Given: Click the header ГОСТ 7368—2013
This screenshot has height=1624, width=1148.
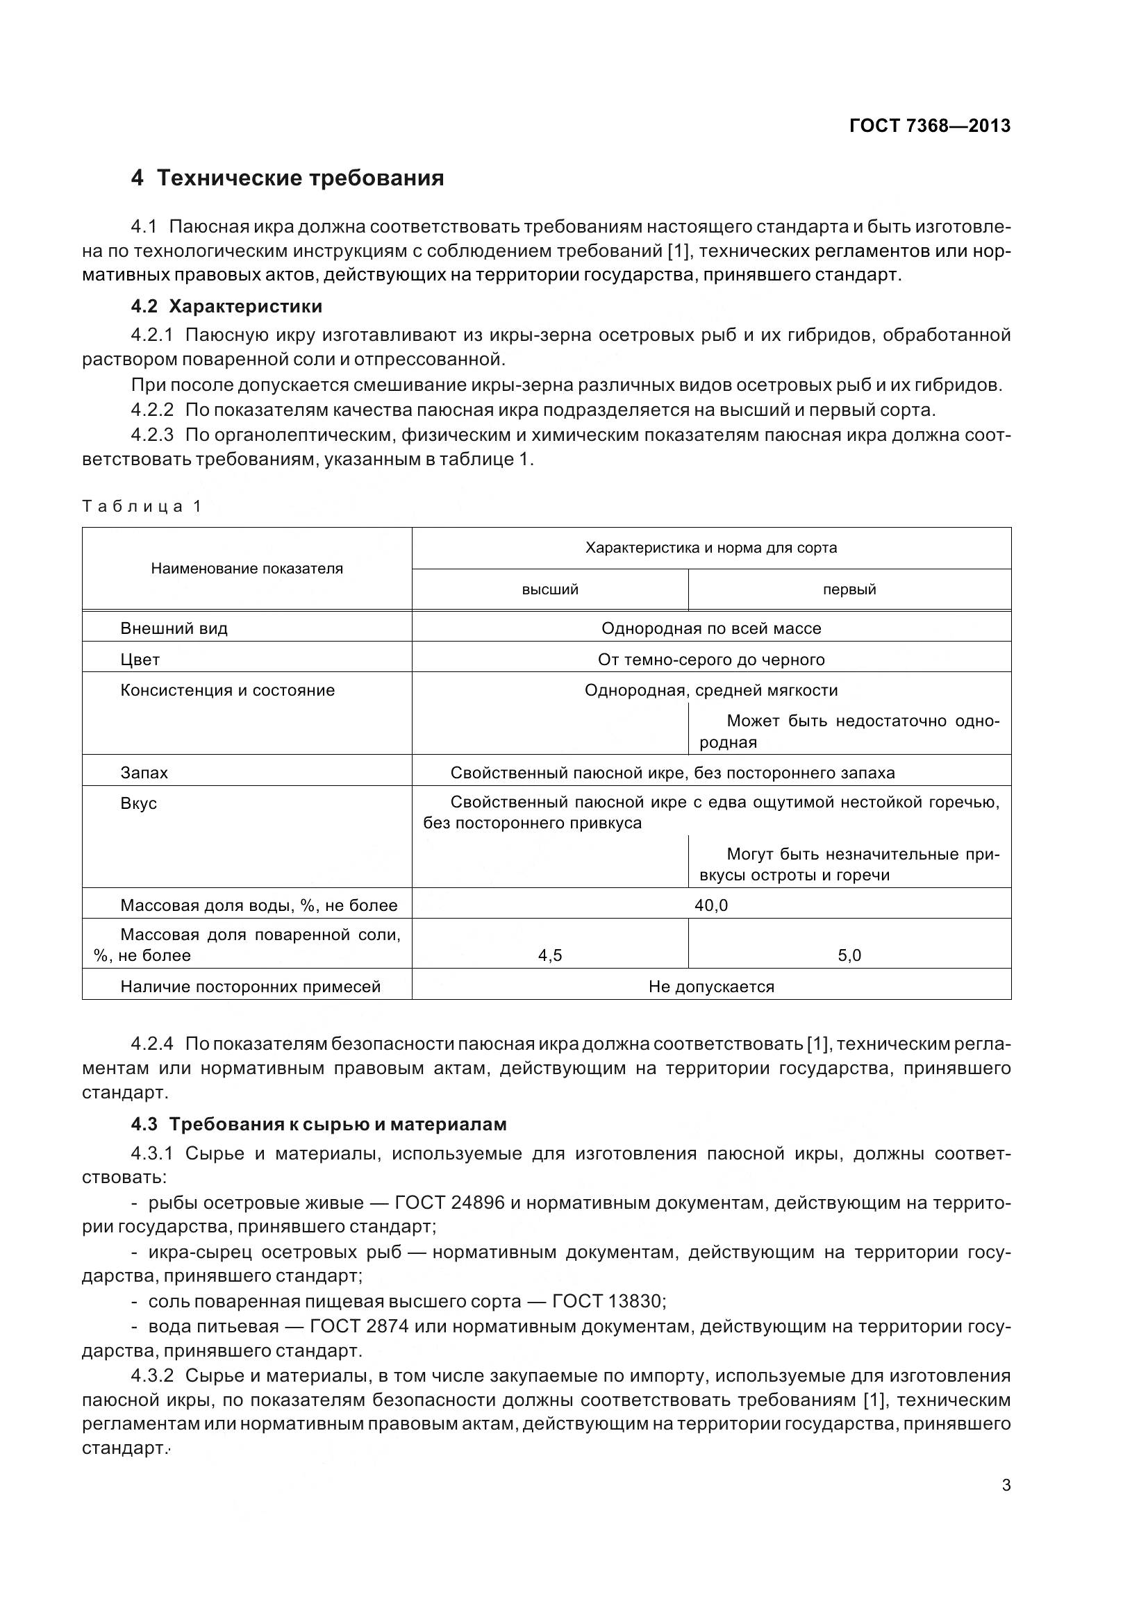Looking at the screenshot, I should click(x=929, y=126).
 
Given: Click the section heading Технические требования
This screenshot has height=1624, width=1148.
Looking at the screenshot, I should click(x=300, y=178).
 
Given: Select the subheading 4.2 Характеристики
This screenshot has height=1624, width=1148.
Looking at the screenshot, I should click(x=226, y=306).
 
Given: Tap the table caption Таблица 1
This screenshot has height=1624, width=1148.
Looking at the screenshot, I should click(x=142, y=505).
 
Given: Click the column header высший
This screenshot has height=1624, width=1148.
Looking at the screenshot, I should click(x=549, y=589).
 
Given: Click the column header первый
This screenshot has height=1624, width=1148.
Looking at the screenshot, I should click(x=849, y=589).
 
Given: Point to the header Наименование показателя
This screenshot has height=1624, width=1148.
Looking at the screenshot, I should click(x=247, y=569).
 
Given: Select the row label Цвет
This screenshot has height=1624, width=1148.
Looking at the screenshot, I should click(x=140, y=659).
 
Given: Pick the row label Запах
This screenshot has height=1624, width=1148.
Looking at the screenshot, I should click(x=144, y=772).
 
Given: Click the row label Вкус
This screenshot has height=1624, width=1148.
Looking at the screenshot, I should click(x=139, y=803).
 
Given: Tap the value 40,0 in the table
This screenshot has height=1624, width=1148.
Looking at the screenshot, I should click(x=711, y=905).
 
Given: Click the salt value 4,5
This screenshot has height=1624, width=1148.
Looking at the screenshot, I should click(x=549, y=955).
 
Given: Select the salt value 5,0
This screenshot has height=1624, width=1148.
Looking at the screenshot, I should click(x=849, y=955).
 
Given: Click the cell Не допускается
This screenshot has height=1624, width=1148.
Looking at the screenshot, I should click(x=711, y=987).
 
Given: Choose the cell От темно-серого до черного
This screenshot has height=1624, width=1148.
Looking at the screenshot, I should click(x=711, y=659).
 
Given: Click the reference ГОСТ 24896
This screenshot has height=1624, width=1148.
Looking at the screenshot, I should click(x=449, y=1203).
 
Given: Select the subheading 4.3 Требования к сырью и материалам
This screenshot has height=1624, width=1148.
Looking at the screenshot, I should click(x=318, y=1124).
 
